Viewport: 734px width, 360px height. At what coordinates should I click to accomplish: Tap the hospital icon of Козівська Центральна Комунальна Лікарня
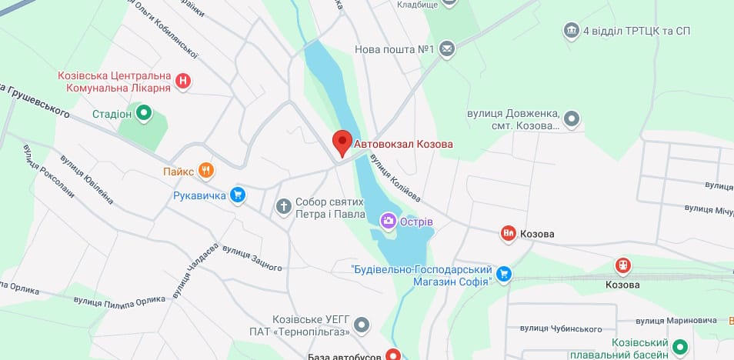click(x=183, y=81)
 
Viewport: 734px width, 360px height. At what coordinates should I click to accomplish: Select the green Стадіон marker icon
click(x=144, y=115)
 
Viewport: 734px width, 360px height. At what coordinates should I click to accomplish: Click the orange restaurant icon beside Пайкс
click(x=205, y=171)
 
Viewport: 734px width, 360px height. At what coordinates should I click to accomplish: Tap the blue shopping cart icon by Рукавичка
click(x=238, y=195)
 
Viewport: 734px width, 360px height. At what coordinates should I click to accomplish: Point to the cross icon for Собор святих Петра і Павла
click(x=284, y=206)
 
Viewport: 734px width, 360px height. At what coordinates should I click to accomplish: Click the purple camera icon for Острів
click(x=389, y=222)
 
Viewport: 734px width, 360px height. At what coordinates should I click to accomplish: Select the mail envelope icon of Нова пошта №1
click(x=448, y=49)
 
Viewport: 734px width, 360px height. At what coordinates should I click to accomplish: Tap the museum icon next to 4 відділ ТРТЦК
click(x=572, y=31)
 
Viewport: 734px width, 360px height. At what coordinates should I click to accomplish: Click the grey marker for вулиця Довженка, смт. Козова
click(x=572, y=119)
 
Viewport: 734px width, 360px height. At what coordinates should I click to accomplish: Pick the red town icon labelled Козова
click(x=508, y=233)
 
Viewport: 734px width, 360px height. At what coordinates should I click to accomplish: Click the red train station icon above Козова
click(x=622, y=266)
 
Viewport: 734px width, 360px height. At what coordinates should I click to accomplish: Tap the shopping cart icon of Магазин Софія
click(x=504, y=273)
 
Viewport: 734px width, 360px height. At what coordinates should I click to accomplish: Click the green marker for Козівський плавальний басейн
click(x=679, y=348)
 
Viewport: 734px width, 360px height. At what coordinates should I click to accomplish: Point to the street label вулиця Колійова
click(x=395, y=172)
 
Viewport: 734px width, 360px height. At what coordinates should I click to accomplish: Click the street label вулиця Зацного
click(x=252, y=256)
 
